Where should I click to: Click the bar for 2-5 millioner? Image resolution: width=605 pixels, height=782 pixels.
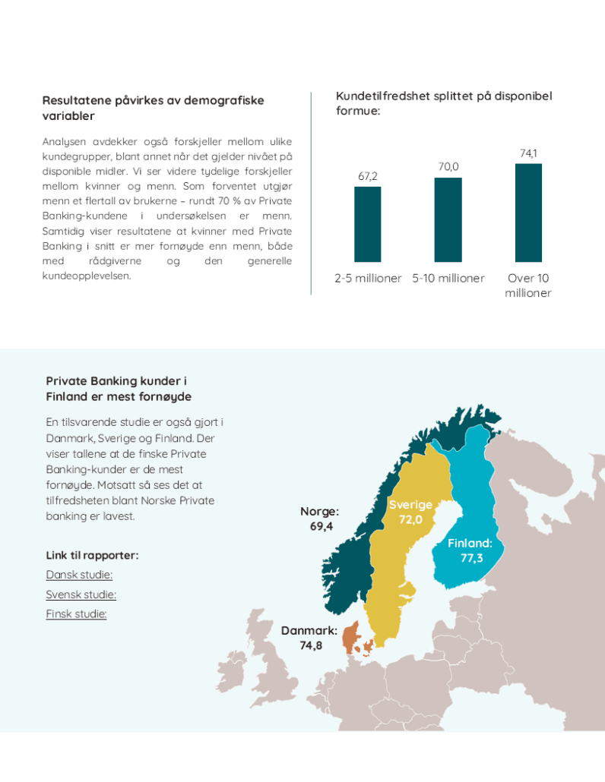tap(368, 224)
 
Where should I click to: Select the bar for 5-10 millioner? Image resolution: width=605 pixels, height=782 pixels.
tap(448, 219)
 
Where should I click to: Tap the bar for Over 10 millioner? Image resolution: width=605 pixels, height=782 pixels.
tap(528, 213)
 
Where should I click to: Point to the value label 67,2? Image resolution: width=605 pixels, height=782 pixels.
tap(368, 177)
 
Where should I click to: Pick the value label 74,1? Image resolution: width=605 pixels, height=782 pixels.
tap(528, 153)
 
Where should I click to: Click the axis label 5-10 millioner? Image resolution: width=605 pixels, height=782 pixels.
tap(448, 279)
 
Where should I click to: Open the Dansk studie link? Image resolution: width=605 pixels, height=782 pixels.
tap(79, 575)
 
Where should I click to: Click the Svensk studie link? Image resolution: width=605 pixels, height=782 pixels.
tap(81, 594)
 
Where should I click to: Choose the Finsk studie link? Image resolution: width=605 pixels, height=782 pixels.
tap(76, 614)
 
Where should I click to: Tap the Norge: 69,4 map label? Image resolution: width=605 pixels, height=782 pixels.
tap(320, 519)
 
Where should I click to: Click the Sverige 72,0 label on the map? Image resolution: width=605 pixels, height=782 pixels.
tap(410, 512)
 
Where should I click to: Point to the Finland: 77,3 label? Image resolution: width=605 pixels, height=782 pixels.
tap(470, 550)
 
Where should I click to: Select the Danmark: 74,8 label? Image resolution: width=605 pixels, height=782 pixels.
tap(309, 638)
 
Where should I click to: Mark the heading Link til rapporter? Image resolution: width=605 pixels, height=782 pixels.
tap(92, 555)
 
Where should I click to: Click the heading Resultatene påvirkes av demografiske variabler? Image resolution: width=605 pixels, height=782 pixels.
tap(153, 108)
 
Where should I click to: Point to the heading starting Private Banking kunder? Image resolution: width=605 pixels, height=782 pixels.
tap(119, 389)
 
